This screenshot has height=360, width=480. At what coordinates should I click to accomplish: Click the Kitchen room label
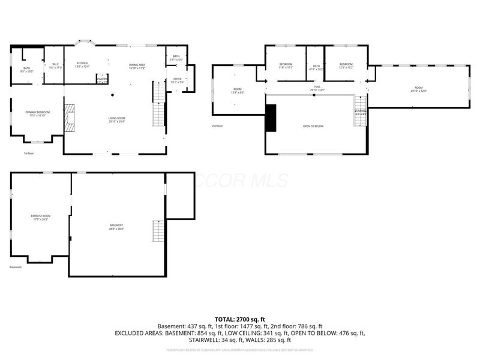[82, 65]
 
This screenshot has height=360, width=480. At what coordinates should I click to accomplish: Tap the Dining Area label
[137, 67]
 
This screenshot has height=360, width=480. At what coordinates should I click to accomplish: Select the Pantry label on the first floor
[102, 79]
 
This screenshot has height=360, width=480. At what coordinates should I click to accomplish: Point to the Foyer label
[176, 80]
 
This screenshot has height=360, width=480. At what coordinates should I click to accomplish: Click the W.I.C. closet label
[55, 66]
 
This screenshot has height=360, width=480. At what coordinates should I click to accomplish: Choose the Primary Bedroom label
[37, 113]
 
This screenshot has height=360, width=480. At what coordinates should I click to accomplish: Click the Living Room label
[116, 119]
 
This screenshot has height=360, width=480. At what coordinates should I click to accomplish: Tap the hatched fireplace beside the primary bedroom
[70, 118]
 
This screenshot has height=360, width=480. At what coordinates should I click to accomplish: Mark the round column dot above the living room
[112, 95]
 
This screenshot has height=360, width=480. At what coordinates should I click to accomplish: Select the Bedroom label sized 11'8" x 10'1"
[286, 65]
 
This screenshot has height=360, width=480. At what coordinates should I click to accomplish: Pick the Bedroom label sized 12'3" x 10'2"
[346, 65]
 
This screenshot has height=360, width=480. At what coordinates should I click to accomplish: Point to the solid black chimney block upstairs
[271, 118]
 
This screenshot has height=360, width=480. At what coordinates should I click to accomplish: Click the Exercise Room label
[41, 217]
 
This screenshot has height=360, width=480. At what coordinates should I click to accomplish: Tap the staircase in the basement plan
[158, 231]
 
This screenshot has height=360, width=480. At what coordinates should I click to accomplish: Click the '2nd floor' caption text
[217, 126]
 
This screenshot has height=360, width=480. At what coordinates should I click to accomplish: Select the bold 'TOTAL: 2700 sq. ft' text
[240, 319]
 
